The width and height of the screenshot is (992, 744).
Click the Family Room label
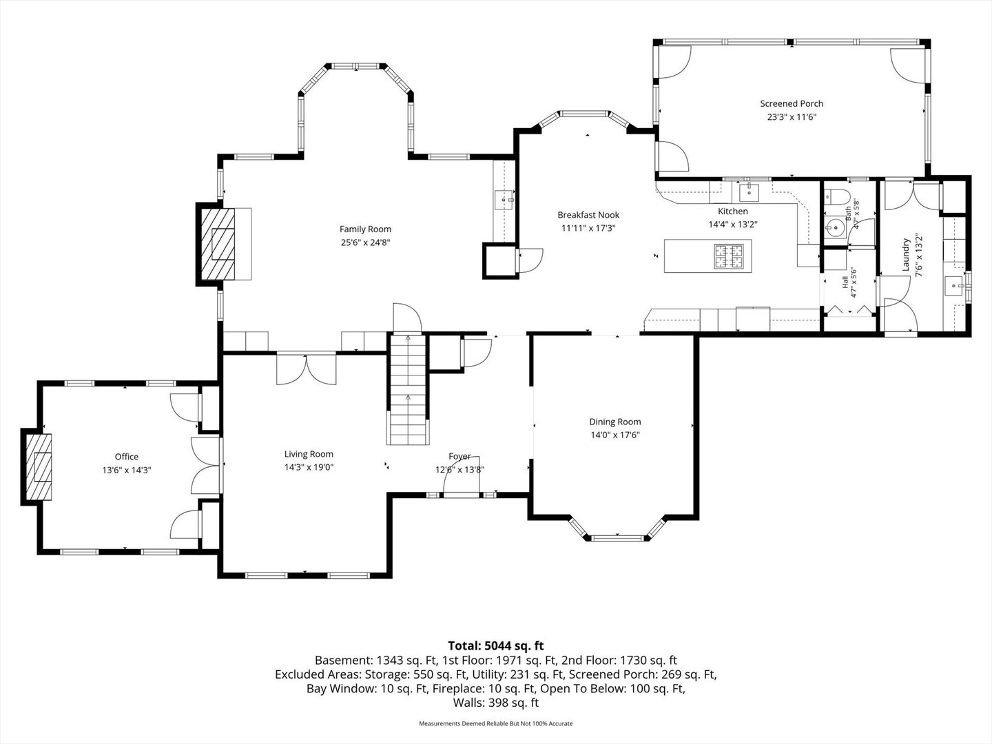(365, 229)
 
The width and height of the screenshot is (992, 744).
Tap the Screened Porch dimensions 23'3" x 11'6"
(792, 117)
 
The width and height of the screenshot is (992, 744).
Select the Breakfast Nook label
(588, 215)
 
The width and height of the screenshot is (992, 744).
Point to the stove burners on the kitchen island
(728, 256)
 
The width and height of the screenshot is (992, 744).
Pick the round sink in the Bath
(835, 227)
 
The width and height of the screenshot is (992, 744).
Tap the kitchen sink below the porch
(750, 192)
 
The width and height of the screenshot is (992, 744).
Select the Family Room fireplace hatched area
(218, 244)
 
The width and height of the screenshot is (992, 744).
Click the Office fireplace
(39, 466)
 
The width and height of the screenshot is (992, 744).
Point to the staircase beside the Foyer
(408, 389)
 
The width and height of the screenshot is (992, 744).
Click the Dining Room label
(614, 422)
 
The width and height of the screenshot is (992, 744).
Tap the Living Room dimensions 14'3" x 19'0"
(309, 467)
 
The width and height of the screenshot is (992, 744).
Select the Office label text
(127, 457)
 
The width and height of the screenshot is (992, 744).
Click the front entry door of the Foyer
(461, 495)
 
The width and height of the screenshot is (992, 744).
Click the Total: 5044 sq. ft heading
(496, 645)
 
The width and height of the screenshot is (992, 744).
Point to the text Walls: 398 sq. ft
(496, 703)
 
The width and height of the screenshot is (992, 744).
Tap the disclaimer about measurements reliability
(496, 723)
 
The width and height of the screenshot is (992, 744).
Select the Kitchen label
(732, 211)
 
